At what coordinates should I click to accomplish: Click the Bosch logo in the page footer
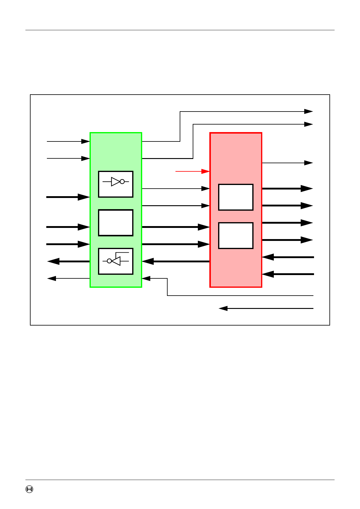click(x=29, y=489)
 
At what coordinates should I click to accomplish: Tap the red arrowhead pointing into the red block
click(x=206, y=171)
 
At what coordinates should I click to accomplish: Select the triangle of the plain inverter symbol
click(x=116, y=182)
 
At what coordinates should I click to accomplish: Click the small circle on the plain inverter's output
click(x=122, y=182)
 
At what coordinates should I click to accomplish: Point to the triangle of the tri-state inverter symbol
click(x=116, y=261)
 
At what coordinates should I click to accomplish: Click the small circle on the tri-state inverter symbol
click(x=110, y=261)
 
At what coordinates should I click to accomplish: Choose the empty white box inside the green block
click(x=116, y=223)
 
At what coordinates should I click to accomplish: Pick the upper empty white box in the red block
click(x=236, y=197)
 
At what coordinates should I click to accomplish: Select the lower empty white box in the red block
click(x=236, y=235)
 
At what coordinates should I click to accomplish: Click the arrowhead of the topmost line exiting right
click(x=309, y=112)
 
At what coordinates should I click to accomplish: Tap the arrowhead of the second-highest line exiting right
click(x=309, y=124)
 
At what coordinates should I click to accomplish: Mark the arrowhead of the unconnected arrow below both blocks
click(x=223, y=308)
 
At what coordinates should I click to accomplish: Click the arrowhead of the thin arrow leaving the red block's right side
click(x=309, y=163)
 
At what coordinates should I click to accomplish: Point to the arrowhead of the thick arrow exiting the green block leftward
click(x=53, y=261)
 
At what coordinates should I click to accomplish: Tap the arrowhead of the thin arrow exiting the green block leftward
click(x=51, y=278)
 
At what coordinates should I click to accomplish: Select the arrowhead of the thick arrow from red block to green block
click(x=148, y=261)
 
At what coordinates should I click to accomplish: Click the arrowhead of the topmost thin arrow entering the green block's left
click(x=86, y=141)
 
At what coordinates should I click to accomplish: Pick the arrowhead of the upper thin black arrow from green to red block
click(x=206, y=189)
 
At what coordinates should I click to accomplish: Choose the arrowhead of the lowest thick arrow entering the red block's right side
click(x=268, y=274)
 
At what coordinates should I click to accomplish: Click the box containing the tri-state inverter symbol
click(x=116, y=261)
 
